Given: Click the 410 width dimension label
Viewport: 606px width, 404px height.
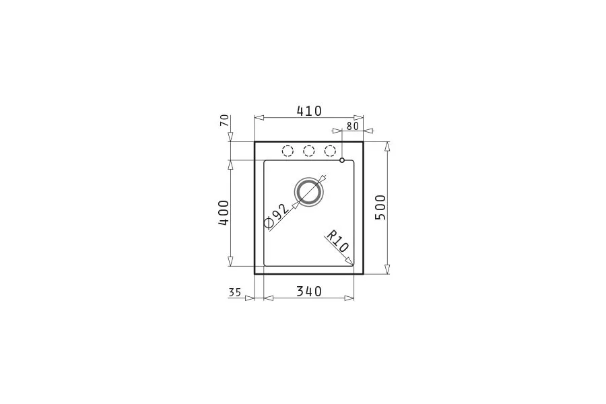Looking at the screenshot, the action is [309, 111].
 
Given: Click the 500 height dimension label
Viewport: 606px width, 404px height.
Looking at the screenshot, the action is [380, 207].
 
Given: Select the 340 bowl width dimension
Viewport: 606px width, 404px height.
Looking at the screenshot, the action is [309, 291].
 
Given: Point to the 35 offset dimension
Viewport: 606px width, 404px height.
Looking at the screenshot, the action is [234, 292].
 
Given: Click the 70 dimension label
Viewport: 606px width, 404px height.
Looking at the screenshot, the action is [224, 121].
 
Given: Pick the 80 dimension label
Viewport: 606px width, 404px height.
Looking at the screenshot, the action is [353, 126].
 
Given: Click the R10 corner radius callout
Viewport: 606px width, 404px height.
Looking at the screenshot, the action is [337, 242].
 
